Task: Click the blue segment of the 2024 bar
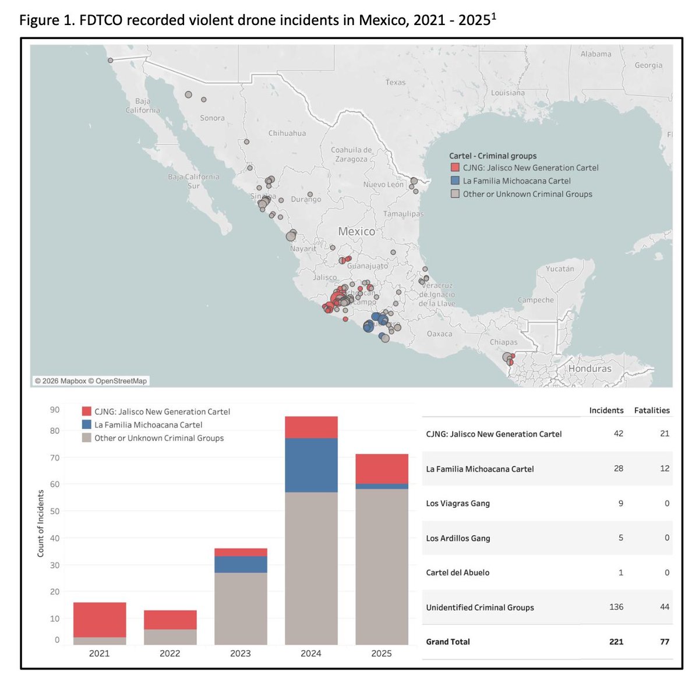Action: (311, 465)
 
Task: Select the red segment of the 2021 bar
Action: (100, 620)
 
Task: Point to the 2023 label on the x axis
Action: (240, 653)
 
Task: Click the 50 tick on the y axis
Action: (54, 511)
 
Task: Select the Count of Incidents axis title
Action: (41, 523)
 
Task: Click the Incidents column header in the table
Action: (606, 411)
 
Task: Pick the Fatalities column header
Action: (651, 411)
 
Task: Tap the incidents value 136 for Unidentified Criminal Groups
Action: (616, 607)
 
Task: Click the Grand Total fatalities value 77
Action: (664, 642)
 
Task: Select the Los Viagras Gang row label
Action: (458, 503)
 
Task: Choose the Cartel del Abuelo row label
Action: (457, 572)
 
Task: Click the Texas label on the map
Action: (395, 82)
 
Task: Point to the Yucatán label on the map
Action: (559, 269)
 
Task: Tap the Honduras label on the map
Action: (589, 369)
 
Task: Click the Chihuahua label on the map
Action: (287, 133)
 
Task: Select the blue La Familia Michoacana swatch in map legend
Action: (455, 181)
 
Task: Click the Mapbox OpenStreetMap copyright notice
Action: (91, 381)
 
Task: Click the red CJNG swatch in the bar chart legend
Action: (87, 411)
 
